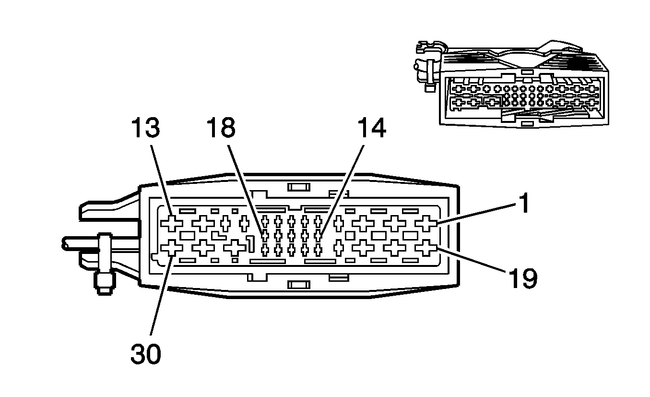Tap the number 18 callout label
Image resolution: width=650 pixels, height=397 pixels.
pyautogui.click(x=221, y=129)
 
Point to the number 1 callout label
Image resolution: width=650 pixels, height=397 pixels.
pyautogui.click(x=524, y=203)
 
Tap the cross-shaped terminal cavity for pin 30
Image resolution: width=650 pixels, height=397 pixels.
pyautogui.click(x=172, y=248)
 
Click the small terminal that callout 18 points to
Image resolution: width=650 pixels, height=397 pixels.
pyautogui.click(x=264, y=235)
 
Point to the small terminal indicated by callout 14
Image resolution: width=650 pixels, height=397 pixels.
pyautogui.click(x=317, y=235)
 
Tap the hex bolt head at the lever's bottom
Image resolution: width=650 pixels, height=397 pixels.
pyautogui.click(x=103, y=285)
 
